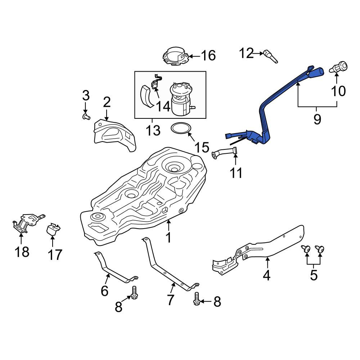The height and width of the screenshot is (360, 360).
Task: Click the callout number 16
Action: tap(208, 56)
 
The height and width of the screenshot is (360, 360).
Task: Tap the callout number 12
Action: tap(247, 53)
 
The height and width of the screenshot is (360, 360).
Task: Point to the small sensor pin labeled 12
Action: tap(271, 57)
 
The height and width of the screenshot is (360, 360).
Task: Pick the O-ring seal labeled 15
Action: tap(180, 129)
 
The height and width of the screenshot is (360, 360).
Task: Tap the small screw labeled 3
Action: tap(86, 116)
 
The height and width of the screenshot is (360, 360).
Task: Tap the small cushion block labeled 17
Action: tap(54, 230)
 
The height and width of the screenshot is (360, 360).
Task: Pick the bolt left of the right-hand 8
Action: tap(197, 299)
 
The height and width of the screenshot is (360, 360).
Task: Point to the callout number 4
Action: tap(266, 275)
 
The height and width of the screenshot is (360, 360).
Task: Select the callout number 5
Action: tap(314, 275)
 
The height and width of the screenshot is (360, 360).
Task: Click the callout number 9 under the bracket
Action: tap(317, 119)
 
